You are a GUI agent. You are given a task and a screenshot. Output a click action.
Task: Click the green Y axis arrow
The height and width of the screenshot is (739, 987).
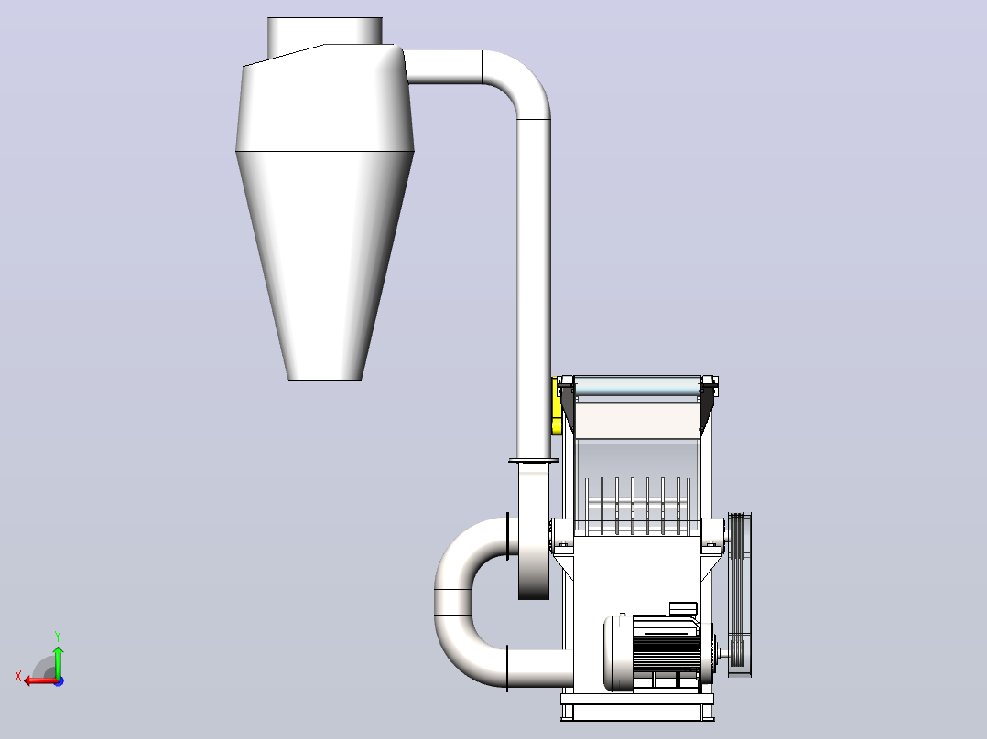pos(58,660)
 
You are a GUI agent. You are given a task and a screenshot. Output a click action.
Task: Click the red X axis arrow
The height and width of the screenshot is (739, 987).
pos(41,680)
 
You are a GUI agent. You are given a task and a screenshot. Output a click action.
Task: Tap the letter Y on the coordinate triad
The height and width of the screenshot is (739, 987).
pos(58,636)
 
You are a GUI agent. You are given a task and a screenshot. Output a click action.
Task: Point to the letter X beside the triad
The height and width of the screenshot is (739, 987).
pos(18,676)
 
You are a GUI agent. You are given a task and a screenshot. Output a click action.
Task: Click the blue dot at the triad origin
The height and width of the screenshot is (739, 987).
pos(59,680)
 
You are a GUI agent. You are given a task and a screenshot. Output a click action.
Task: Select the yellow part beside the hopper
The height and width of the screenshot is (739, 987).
pos(557,406)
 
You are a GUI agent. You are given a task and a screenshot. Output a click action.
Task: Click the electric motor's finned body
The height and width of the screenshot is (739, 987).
pos(666,652)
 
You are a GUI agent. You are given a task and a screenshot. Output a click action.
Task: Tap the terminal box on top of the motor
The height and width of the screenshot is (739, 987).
pos(683,609)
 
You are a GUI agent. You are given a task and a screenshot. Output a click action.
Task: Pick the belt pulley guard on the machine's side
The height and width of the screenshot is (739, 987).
pos(740,594)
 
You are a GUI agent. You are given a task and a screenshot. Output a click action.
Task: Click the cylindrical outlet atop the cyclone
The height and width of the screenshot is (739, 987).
pos(325,31)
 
